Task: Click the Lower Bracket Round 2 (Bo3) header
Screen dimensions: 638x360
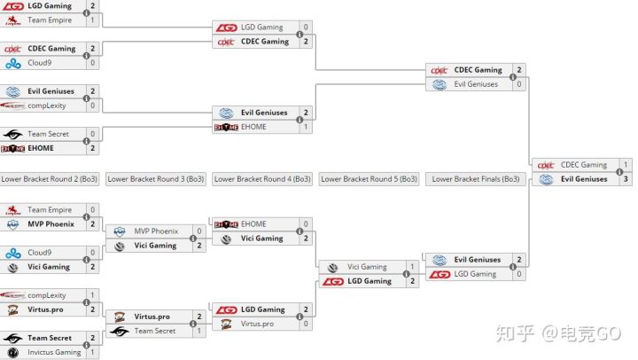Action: click(x=50, y=179)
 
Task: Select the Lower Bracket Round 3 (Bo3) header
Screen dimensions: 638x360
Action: click(x=156, y=179)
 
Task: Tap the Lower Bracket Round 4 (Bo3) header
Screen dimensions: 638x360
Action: click(x=262, y=179)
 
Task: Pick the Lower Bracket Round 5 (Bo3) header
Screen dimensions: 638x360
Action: click(x=369, y=179)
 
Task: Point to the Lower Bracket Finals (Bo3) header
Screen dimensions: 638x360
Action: click(x=476, y=179)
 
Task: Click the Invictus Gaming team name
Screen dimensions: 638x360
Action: click(x=54, y=352)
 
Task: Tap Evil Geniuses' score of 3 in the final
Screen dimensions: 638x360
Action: click(x=626, y=179)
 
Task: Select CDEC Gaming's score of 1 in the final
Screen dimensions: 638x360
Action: click(x=626, y=165)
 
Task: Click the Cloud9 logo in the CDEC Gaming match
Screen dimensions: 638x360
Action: click(x=13, y=63)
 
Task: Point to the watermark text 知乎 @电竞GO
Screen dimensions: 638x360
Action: click(x=558, y=333)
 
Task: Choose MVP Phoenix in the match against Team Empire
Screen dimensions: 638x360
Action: click(x=51, y=224)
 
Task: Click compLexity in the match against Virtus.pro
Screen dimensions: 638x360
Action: click(x=47, y=295)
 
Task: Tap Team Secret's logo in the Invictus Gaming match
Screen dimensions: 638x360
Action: click(x=13, y=338)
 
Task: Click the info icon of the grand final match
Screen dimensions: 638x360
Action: click(x=619, y=172)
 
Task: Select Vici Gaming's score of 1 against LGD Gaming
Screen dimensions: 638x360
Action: click(x=413, y=267)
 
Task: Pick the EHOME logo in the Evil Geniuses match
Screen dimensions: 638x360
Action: click(x=226, y=127)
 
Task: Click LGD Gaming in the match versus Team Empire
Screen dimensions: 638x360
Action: click(x=50, y=5)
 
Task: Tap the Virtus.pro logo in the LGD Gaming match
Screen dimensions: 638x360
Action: click(x=226, y=325)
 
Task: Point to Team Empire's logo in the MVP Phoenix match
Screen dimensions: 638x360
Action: click(x=13, y=210)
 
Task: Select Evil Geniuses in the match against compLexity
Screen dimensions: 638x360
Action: click(x=51, y=91)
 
